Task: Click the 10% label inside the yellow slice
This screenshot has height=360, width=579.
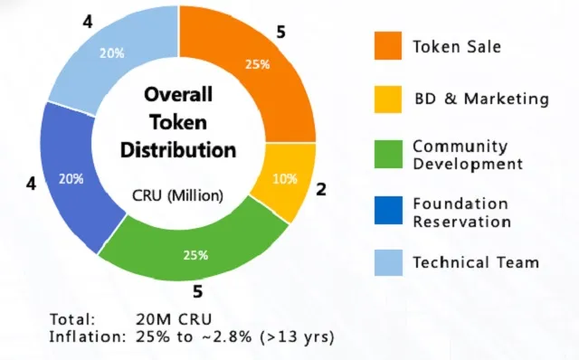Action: pos(285,178)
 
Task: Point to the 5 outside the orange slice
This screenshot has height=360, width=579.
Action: pos(280,32)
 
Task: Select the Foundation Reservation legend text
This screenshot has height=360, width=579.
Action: pos(460,212)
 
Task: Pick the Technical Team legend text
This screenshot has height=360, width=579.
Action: pos(476,263)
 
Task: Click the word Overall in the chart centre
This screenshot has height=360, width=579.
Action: pos(178,95)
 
